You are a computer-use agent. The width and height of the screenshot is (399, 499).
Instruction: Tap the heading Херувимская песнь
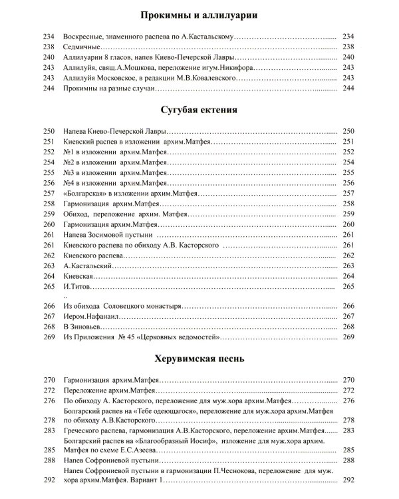tap(199, 359)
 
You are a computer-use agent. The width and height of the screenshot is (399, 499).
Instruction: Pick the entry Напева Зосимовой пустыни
tap(108, 236)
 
